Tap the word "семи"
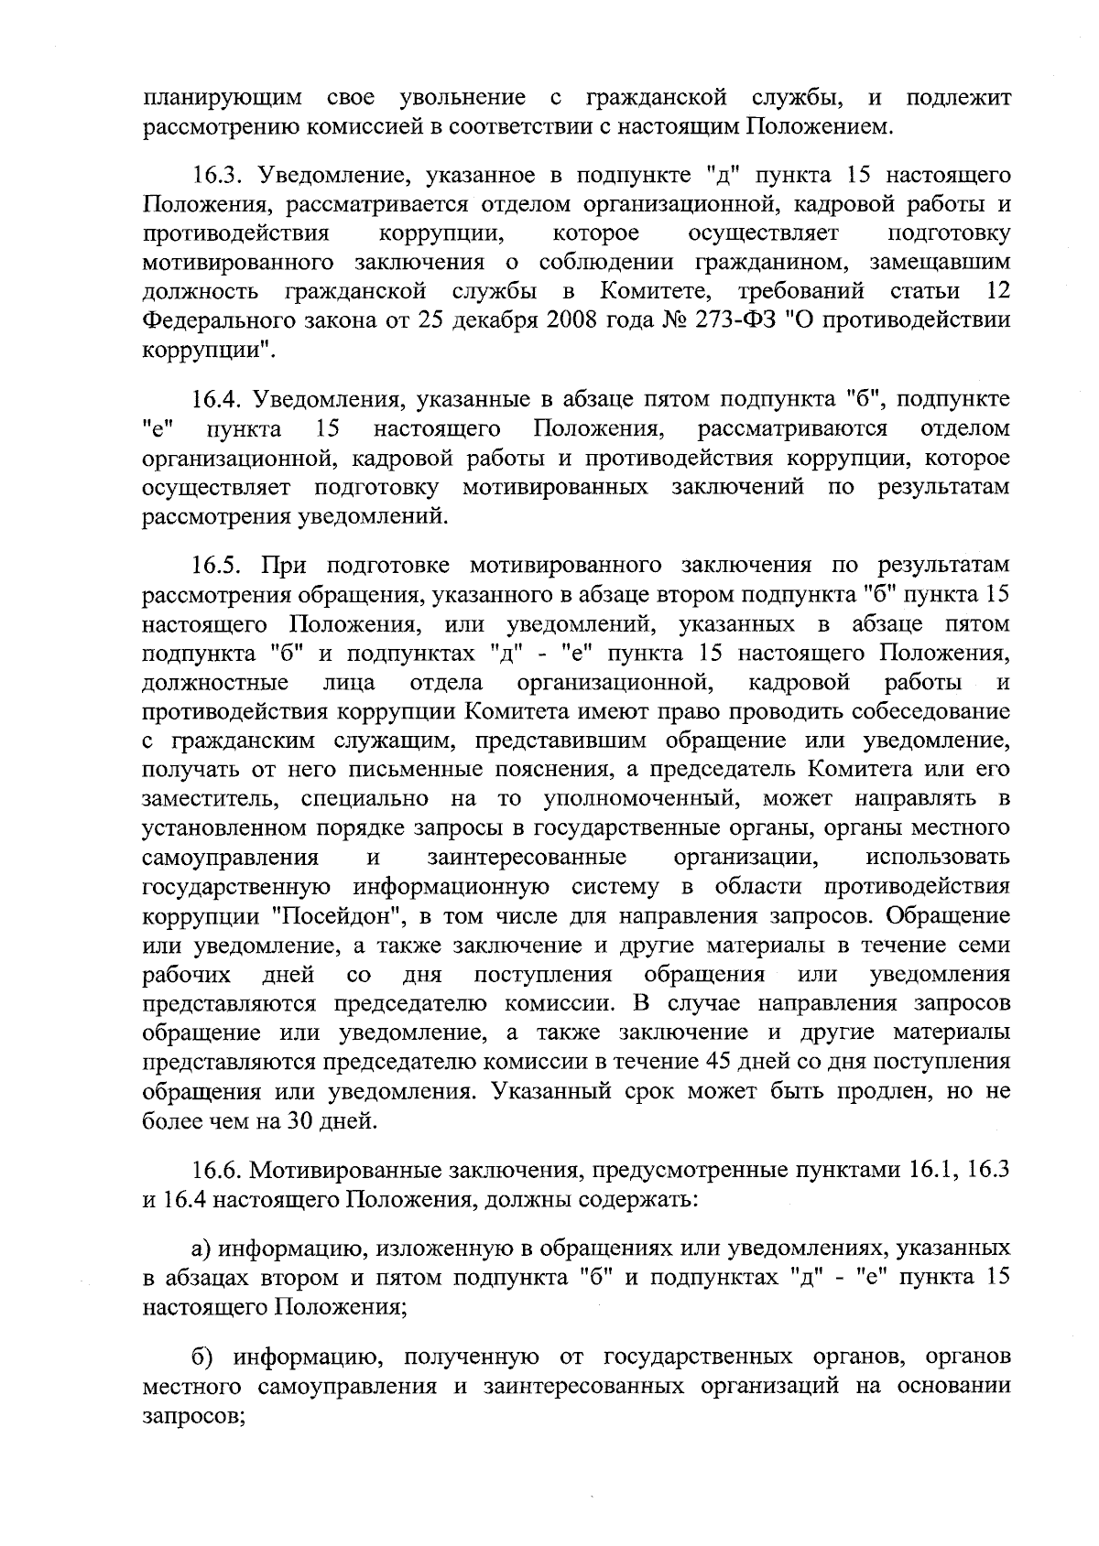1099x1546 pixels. (986, 945)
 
